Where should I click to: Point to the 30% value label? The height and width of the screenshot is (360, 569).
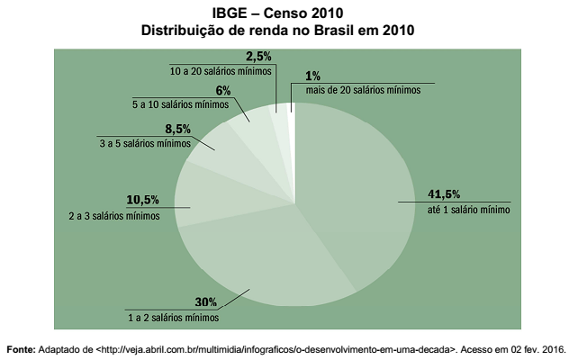point(206,301)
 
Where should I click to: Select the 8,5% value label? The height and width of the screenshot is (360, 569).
point(177,129)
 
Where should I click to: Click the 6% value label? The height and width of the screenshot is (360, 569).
point(223,90)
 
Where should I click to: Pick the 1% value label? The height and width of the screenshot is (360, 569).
point(312,76)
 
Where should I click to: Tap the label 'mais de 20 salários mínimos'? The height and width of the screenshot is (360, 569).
point(364,91)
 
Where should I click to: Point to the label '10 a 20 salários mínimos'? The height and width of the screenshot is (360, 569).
point(221,70)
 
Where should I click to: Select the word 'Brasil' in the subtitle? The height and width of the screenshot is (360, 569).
point(330,31)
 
